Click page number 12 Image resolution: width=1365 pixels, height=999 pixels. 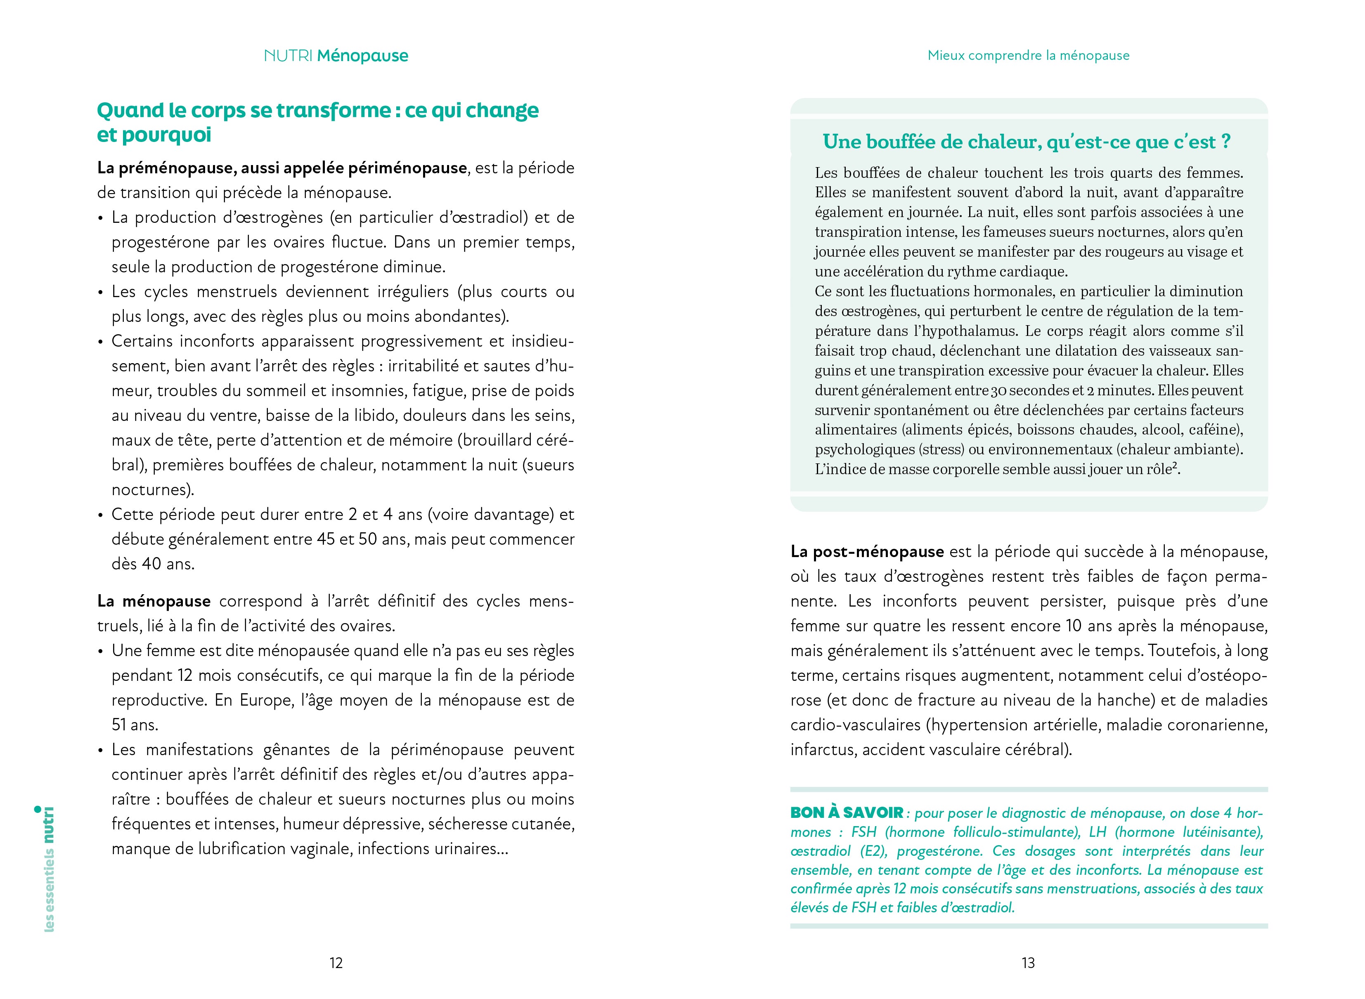click(x=336, y=963)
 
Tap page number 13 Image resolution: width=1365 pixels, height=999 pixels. click(x=1028, y=963)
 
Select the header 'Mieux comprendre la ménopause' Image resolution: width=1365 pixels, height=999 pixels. click(x=1028, y=56)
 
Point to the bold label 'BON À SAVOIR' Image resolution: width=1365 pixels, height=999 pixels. click(x=847, y=813)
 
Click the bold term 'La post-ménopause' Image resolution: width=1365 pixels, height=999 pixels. click(x=867, y=552)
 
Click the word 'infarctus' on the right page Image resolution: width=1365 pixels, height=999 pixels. click(x=823, y=750)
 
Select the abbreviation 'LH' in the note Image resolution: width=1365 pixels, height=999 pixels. click(x=1098, y=832)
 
